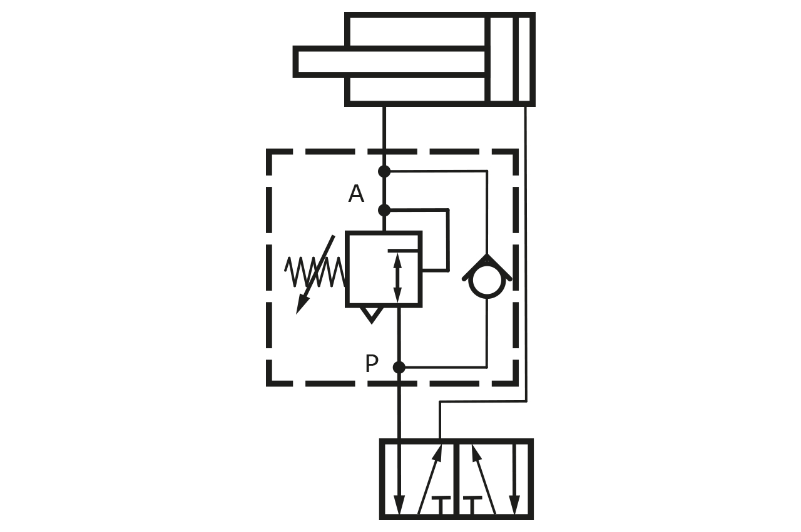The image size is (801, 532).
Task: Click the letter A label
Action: point(356,194)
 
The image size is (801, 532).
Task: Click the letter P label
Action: point(372,364)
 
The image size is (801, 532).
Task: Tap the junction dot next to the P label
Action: point(399,368)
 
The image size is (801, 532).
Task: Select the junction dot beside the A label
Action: point(384,210)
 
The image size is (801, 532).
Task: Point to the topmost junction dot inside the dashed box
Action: point(384,171)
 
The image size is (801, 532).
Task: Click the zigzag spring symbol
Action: point(315,272)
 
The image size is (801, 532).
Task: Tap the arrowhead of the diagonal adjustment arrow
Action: point(302,306)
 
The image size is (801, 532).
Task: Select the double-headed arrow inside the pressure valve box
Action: point(397,276)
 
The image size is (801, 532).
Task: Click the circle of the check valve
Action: point(487,281)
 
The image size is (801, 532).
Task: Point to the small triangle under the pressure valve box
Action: point(372,314)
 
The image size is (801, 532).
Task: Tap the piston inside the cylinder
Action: point(501,59)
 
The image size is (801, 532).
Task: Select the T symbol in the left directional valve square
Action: point(442,503)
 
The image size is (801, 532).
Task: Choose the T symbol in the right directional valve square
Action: point(473,503)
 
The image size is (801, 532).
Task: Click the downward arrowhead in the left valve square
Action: point(399,504)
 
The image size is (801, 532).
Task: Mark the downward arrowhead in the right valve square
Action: point(514,504)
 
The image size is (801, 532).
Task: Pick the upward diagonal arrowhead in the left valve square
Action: point(437,451)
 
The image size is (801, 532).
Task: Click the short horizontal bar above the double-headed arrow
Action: point(403,251)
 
